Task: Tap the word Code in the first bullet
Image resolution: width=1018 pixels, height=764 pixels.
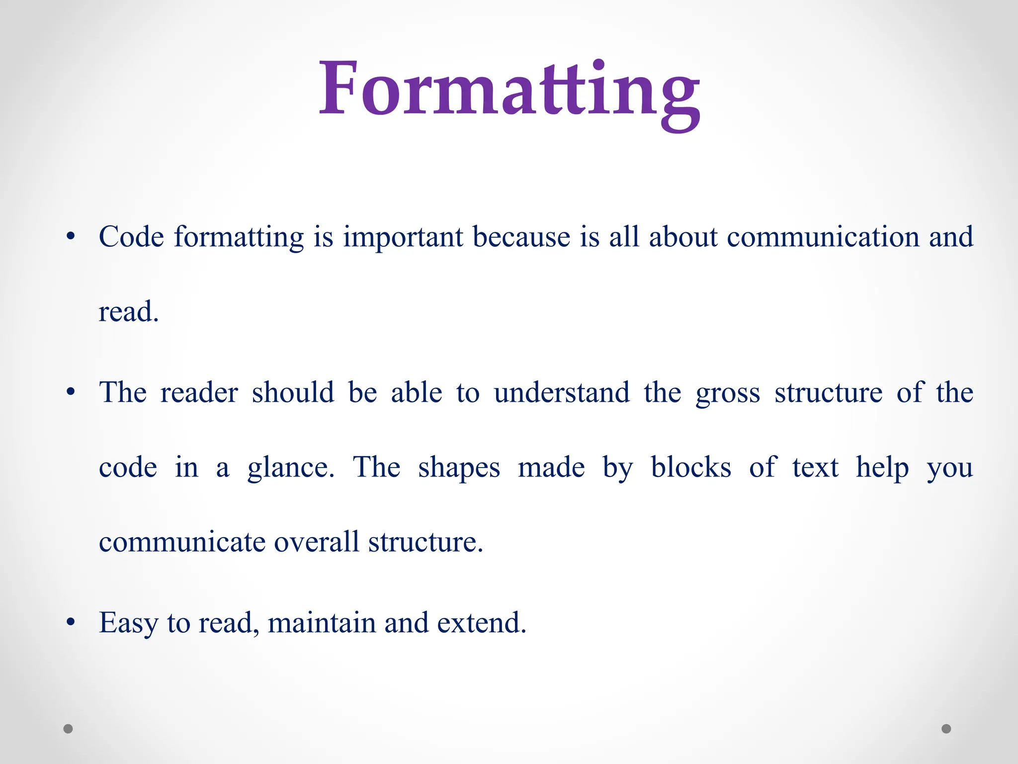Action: tap(131, 237)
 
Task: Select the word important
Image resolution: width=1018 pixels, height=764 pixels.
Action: tap(404, 237)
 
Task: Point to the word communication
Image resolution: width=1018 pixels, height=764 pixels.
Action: tap(823, 237)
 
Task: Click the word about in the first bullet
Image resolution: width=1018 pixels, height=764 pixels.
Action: tap(683, 237)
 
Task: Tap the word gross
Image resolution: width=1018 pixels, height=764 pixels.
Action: tap(728, 393)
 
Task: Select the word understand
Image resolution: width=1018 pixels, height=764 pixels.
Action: tap(562, 393)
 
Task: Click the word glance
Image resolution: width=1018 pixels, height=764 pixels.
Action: tap(291, 468)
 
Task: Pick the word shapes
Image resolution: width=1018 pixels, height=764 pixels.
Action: tap(459, 468)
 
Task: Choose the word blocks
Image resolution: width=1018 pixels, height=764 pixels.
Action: tap(691, 467)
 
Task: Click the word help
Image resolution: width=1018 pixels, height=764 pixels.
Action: tap(882, 468)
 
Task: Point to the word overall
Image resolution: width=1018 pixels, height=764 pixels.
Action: tap(316, 542)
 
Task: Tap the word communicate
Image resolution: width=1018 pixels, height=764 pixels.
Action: tap(182, 542)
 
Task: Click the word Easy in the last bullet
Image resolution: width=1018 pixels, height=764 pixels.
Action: tap(128, 623)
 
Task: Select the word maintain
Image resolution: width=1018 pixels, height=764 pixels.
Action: tap(322, 623)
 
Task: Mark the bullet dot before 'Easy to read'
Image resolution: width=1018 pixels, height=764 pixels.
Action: tap(71, 622)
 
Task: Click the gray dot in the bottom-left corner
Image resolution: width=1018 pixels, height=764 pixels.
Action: tap(68, 729)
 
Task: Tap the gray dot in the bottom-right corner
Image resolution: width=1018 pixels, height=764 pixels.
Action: tap(946, 729)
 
